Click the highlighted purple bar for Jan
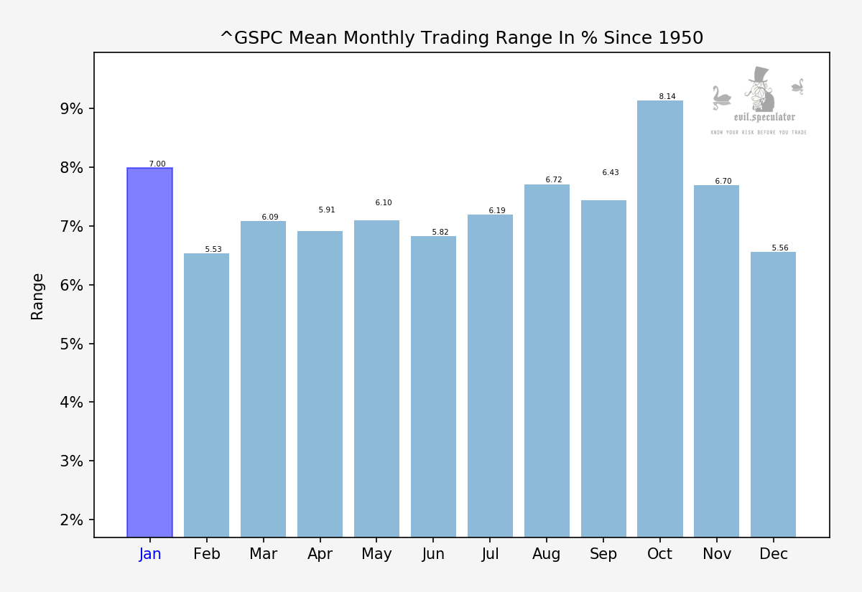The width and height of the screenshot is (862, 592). tap(149, 352)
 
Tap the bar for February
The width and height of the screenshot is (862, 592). tap(206, 395)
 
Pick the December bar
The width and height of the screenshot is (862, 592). tap(773, 394)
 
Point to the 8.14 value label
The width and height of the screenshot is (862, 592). tap(667, 97)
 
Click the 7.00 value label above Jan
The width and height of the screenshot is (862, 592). tap(157, 164)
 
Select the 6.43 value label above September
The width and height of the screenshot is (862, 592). tap(611, 173)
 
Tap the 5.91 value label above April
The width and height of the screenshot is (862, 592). tap(327, 210)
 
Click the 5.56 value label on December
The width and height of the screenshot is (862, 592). tap(780, 248)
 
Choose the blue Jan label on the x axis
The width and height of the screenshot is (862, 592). tap(150, 554)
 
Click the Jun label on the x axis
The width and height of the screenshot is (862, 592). tap(433, 554)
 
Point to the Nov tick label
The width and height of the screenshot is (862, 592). tap(717, 554)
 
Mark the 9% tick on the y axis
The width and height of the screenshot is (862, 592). tap(71, 109)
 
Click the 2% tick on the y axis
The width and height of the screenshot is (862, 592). tap(71, 520)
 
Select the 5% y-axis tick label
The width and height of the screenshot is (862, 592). tap(71, 344)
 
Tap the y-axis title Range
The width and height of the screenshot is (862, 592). tap(37, 296)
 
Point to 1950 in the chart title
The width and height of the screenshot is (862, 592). tap(678, 38)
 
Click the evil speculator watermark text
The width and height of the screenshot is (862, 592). tap(764, 117)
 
